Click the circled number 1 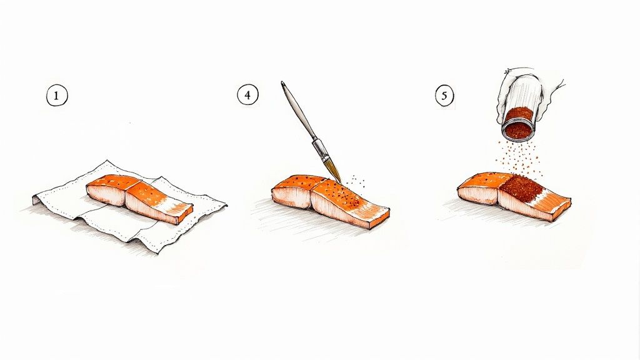(57, 96)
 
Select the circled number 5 (444, 96)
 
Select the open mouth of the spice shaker (518, 124)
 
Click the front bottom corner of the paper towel (153, 250)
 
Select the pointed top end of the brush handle (282, 82)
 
